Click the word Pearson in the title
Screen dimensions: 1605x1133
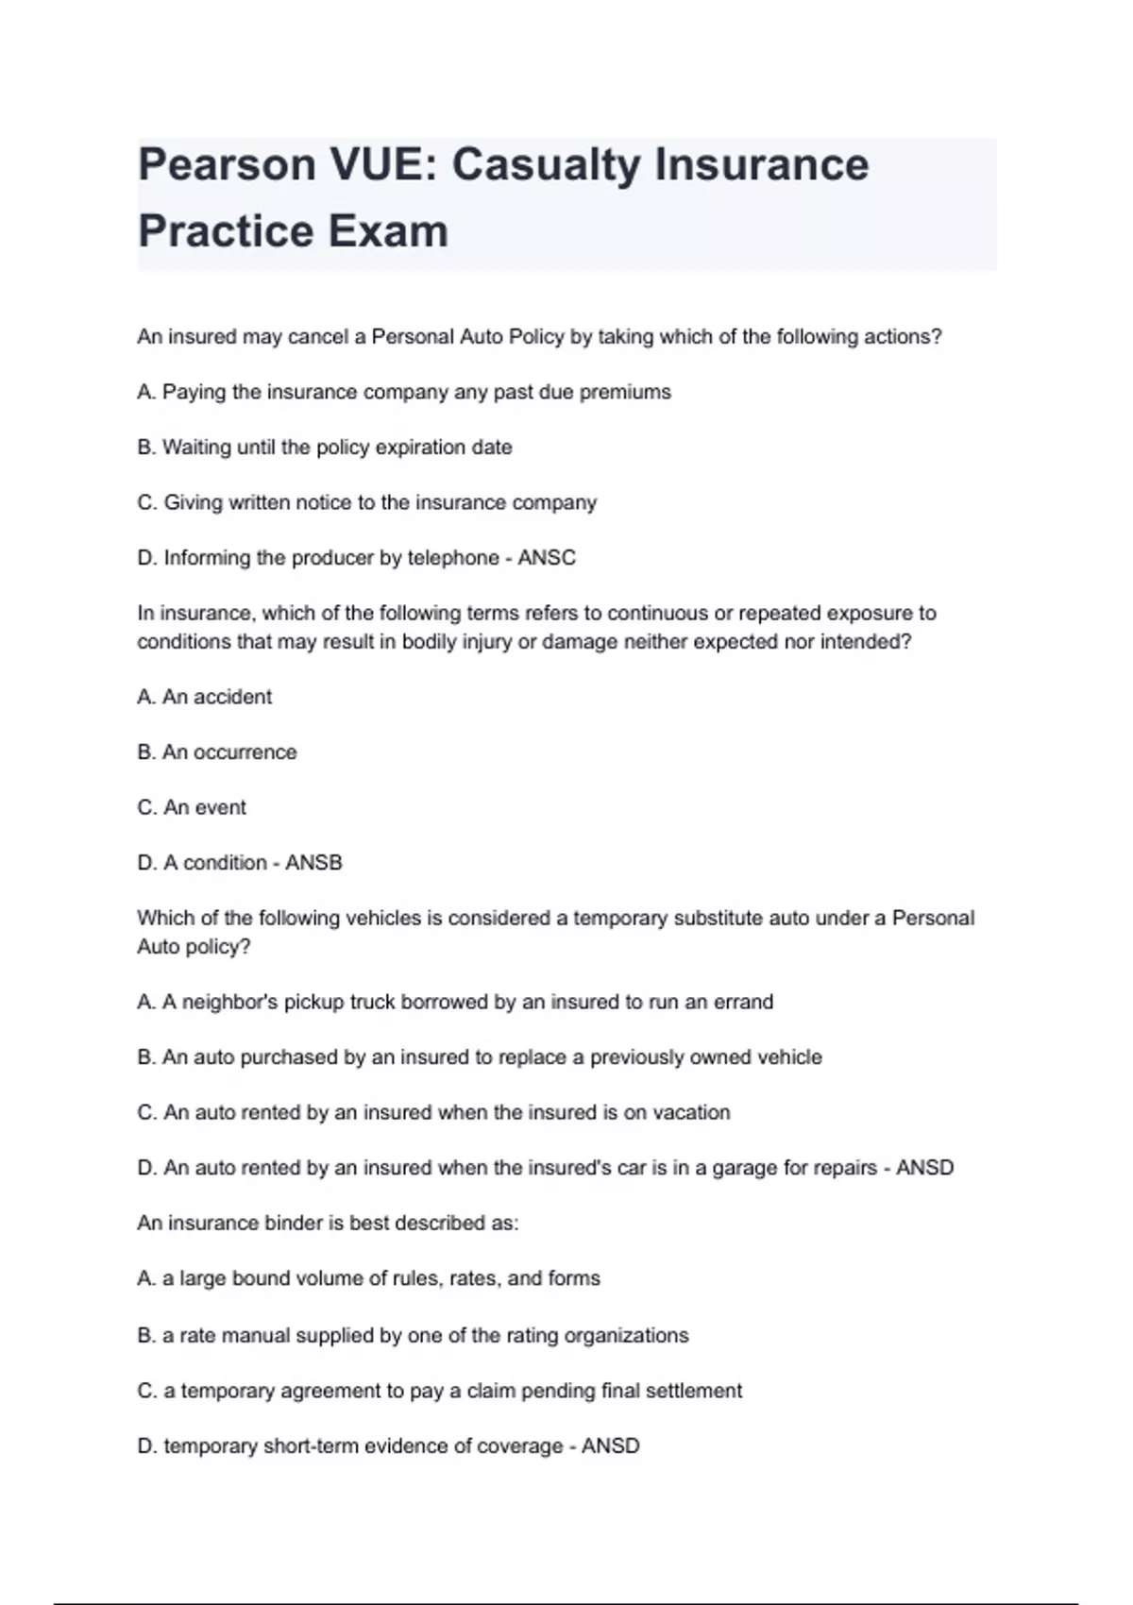point(227,165)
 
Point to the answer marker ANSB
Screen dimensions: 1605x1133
point(313,863)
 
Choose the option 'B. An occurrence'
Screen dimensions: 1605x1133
point(217,752)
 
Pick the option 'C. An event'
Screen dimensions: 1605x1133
point(192,808)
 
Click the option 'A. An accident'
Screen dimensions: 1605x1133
point(205,698)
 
